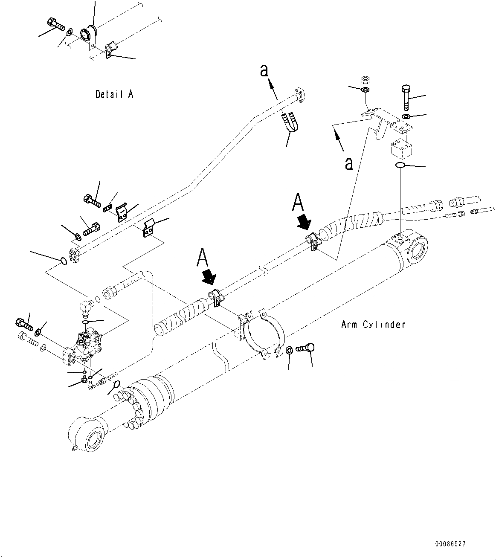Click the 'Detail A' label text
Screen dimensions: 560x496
click(114, 94)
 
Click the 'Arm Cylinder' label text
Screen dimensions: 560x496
click(373, 325)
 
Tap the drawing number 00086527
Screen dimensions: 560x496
click(450, 544)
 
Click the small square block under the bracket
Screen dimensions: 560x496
click(401, 150)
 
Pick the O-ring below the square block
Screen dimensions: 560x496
click(400, 165)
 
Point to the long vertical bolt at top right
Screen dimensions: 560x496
click(406, 97)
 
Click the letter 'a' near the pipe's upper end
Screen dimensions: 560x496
click(264, 71)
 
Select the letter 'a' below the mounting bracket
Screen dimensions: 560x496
click(349, 163)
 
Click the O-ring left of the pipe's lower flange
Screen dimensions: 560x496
click(63, 260)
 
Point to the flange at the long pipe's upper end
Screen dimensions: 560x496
click(300, 95)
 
